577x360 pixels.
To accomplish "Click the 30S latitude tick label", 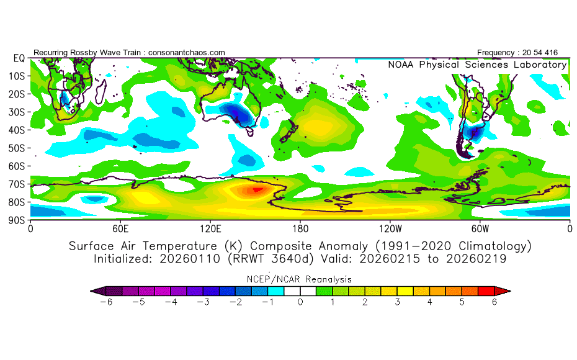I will [16, 112].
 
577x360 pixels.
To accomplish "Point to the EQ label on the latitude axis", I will [18, 58].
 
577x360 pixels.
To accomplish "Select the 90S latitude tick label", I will [16, 220].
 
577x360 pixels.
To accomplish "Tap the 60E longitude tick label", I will [120, 228].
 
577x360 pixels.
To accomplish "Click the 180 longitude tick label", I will [300, 228].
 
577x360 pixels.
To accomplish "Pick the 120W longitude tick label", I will [390, 228].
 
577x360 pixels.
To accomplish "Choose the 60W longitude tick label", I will [480, 228].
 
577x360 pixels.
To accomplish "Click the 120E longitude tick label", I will [210, 228].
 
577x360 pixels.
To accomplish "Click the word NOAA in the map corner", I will [402, 65].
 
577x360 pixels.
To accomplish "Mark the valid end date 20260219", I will [479, 258].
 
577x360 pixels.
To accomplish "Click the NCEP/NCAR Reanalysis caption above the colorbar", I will [300, 279].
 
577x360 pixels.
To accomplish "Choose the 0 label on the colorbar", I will [300, 302].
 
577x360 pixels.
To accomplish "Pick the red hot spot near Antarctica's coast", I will [256, 190].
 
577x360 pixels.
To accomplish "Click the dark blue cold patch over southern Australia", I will [241, 115].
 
